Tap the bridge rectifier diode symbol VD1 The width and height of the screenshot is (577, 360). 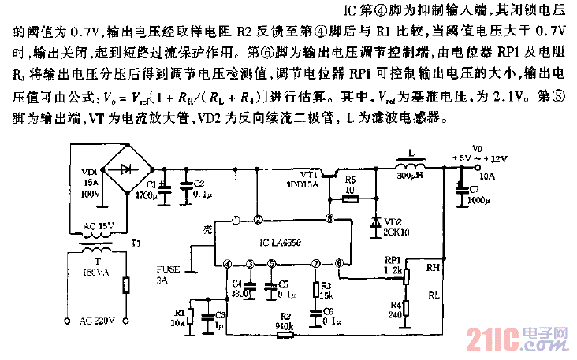[127, 169]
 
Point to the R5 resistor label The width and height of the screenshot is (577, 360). [352, 180]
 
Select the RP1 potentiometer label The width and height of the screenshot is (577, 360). [392, 258]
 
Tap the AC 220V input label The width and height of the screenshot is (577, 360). [99, 320]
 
